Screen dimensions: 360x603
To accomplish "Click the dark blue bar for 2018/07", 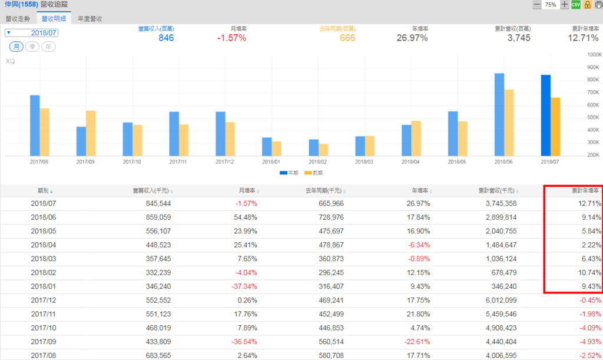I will [x=546, y=115].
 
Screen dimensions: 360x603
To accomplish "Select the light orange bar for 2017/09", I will [x=91, y=133].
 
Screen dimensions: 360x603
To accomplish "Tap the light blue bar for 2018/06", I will [x=499, y=114].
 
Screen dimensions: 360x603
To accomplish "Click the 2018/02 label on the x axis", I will [x=317, y=161].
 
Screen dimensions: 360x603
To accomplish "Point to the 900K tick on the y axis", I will [x=592, y=67].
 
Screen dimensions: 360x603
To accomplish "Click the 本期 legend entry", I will [x=288, y=173].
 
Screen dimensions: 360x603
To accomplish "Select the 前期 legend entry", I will [x=313, y=173].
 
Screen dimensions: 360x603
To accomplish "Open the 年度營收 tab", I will [x=90, y=19].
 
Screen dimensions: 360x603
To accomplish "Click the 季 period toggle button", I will [x=32, y=47].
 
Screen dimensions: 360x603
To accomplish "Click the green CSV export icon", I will [x=576, y=5].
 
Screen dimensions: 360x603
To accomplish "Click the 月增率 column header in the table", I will [x=247, y=191].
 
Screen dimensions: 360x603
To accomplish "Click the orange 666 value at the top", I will [x=347, y=38].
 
